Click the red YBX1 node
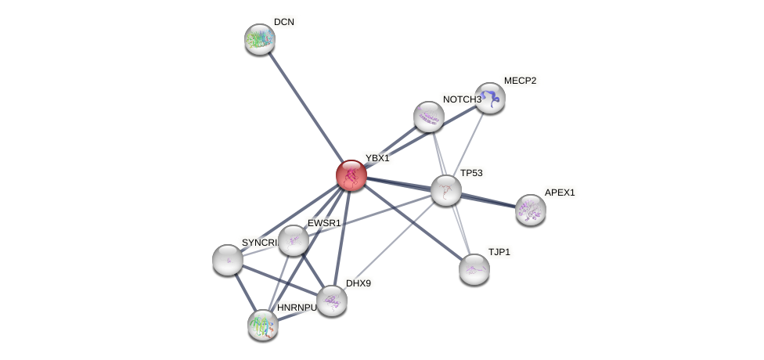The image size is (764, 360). [351, 175]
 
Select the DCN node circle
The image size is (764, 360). [259, 39]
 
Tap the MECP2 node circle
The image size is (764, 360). [490, 98]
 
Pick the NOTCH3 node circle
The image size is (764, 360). [429, 117]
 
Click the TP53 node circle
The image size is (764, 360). [446, 190]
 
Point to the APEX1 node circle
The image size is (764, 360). [531, 209]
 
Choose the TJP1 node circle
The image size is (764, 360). [474, 269]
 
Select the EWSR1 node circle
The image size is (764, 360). [294, 240]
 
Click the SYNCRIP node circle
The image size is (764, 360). [228, 260]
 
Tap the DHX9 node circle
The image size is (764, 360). [331, 301]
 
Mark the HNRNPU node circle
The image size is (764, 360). [263, 324]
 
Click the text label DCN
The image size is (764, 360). [284, 22]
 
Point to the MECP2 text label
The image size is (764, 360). [520, 81]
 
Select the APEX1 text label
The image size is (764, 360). [560, 193]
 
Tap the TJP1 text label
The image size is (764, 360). [499, 252]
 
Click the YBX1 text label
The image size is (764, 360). [377, 158]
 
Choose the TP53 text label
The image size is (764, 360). [471, 173]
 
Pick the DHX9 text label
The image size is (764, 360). [359, 283]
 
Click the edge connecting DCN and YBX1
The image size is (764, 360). [305, 107]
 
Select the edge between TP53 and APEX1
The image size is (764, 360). [488, 200]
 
